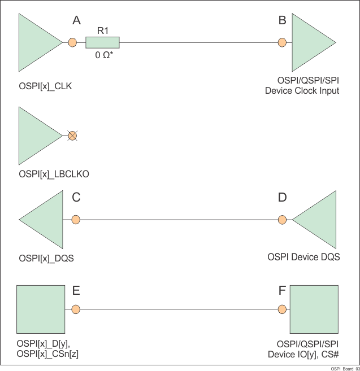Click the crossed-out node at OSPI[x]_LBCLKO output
click(x=72, y=136)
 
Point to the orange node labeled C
click(x=76, y=220)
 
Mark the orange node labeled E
click(x=76, y=309)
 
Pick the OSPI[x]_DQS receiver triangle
click(x=45, y=220)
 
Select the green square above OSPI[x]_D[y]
click(x=40, y=309)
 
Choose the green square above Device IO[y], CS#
click(x=313, y=309)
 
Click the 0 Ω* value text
click(x=105, y=56)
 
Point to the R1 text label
click(x=103, y=31)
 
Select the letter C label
click(x=77, y=198)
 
